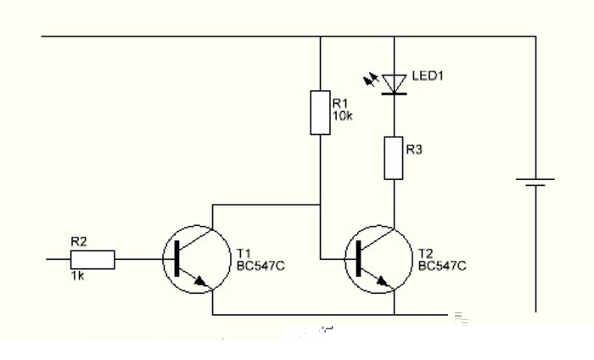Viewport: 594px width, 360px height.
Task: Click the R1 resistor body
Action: tap(319, 112)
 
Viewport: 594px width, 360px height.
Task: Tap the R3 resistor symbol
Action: tap(394, 159)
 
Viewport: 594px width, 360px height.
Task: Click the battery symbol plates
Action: tap(535, 184)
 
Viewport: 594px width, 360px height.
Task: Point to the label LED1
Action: tap(429, 76)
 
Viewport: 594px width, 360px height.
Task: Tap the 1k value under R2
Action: tap(78, 278)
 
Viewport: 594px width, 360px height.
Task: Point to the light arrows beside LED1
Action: tap(371, 80)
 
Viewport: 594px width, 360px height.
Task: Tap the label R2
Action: tap(79, 241)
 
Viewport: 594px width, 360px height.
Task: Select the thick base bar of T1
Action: tap(176, 258)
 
